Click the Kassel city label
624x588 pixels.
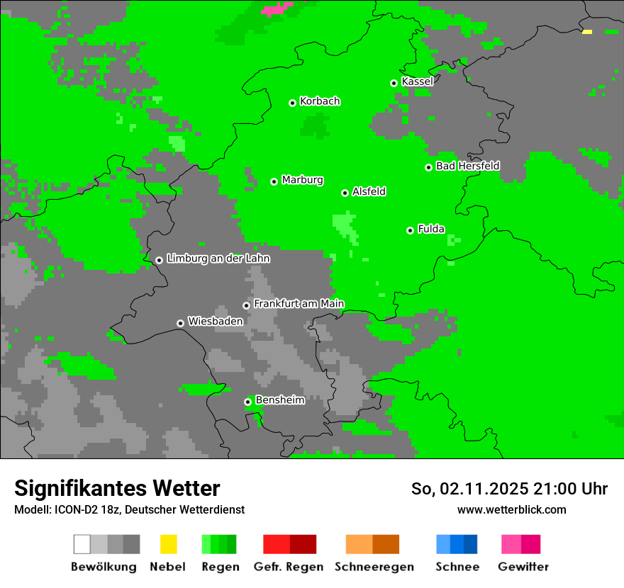click(417, 81)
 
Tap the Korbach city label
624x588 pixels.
click(320, 101)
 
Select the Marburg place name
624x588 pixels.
click(302, 180)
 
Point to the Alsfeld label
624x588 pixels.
click(369, 191)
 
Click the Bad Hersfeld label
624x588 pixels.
click(467, 166)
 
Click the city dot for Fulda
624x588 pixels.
click(410, 230)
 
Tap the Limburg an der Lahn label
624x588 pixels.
click(218, 259)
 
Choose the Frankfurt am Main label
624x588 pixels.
click(299, 304)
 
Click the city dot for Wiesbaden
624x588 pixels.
click(180, 323)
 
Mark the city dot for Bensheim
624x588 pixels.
click(247, 402)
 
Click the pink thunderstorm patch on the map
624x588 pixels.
click(277, 9)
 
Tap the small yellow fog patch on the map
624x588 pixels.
click(586, 32)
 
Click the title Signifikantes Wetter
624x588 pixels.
click(117, 488)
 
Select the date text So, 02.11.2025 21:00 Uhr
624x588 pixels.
click(509, 489)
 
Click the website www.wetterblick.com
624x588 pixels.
click(511, 510)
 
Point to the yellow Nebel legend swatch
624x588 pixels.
click(168, 544)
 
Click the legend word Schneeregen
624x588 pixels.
click(374, 567)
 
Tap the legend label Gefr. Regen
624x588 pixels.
click(289, 567)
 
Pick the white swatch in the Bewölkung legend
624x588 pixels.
click(82, 544)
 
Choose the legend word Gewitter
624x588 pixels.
click(523, 567)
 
